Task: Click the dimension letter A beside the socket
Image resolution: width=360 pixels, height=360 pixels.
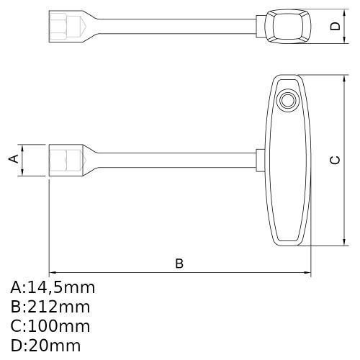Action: click(x=14, y=158)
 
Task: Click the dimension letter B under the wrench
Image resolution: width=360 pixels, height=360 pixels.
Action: click(x=179, y=264)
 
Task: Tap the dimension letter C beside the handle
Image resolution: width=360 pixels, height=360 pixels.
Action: click(x=335, y=160)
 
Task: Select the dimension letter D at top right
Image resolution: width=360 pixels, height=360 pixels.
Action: click(x=336, y=26)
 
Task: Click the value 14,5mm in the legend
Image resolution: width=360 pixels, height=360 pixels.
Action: click(x=61, y=288)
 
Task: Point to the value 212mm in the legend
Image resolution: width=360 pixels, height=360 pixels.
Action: click(x=59, y=307)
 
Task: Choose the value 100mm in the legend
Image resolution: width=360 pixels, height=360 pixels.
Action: click(x=59, y=326)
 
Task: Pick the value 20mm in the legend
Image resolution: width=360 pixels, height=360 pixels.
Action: click(x=54, y=346)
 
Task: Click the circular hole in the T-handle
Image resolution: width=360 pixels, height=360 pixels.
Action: click(x=288, y=100)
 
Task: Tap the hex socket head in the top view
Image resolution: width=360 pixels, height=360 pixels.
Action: click(x=66, y=27)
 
